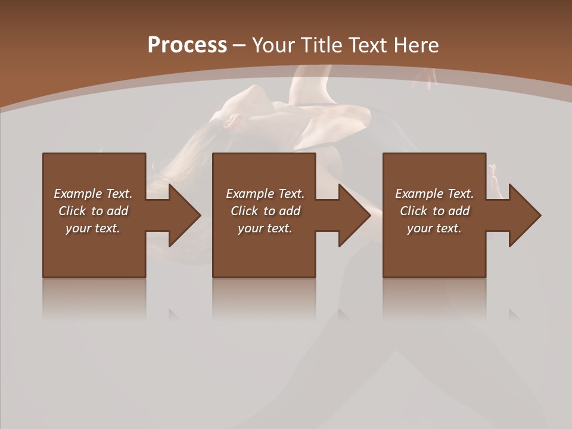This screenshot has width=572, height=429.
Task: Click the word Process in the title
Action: point(187,45)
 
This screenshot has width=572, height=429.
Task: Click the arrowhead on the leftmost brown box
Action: point(182,215)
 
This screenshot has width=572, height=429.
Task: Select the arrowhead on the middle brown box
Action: point(352,215)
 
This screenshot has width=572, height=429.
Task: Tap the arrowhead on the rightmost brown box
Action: point(523,215)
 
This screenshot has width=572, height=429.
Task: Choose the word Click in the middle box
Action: point(244,211)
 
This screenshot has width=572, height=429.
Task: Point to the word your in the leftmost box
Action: point(78,228)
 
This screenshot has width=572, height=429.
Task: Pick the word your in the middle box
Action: point(250,228)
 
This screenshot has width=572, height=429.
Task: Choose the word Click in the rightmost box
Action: point(414,211)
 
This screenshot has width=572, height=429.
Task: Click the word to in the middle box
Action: point(269,211)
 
